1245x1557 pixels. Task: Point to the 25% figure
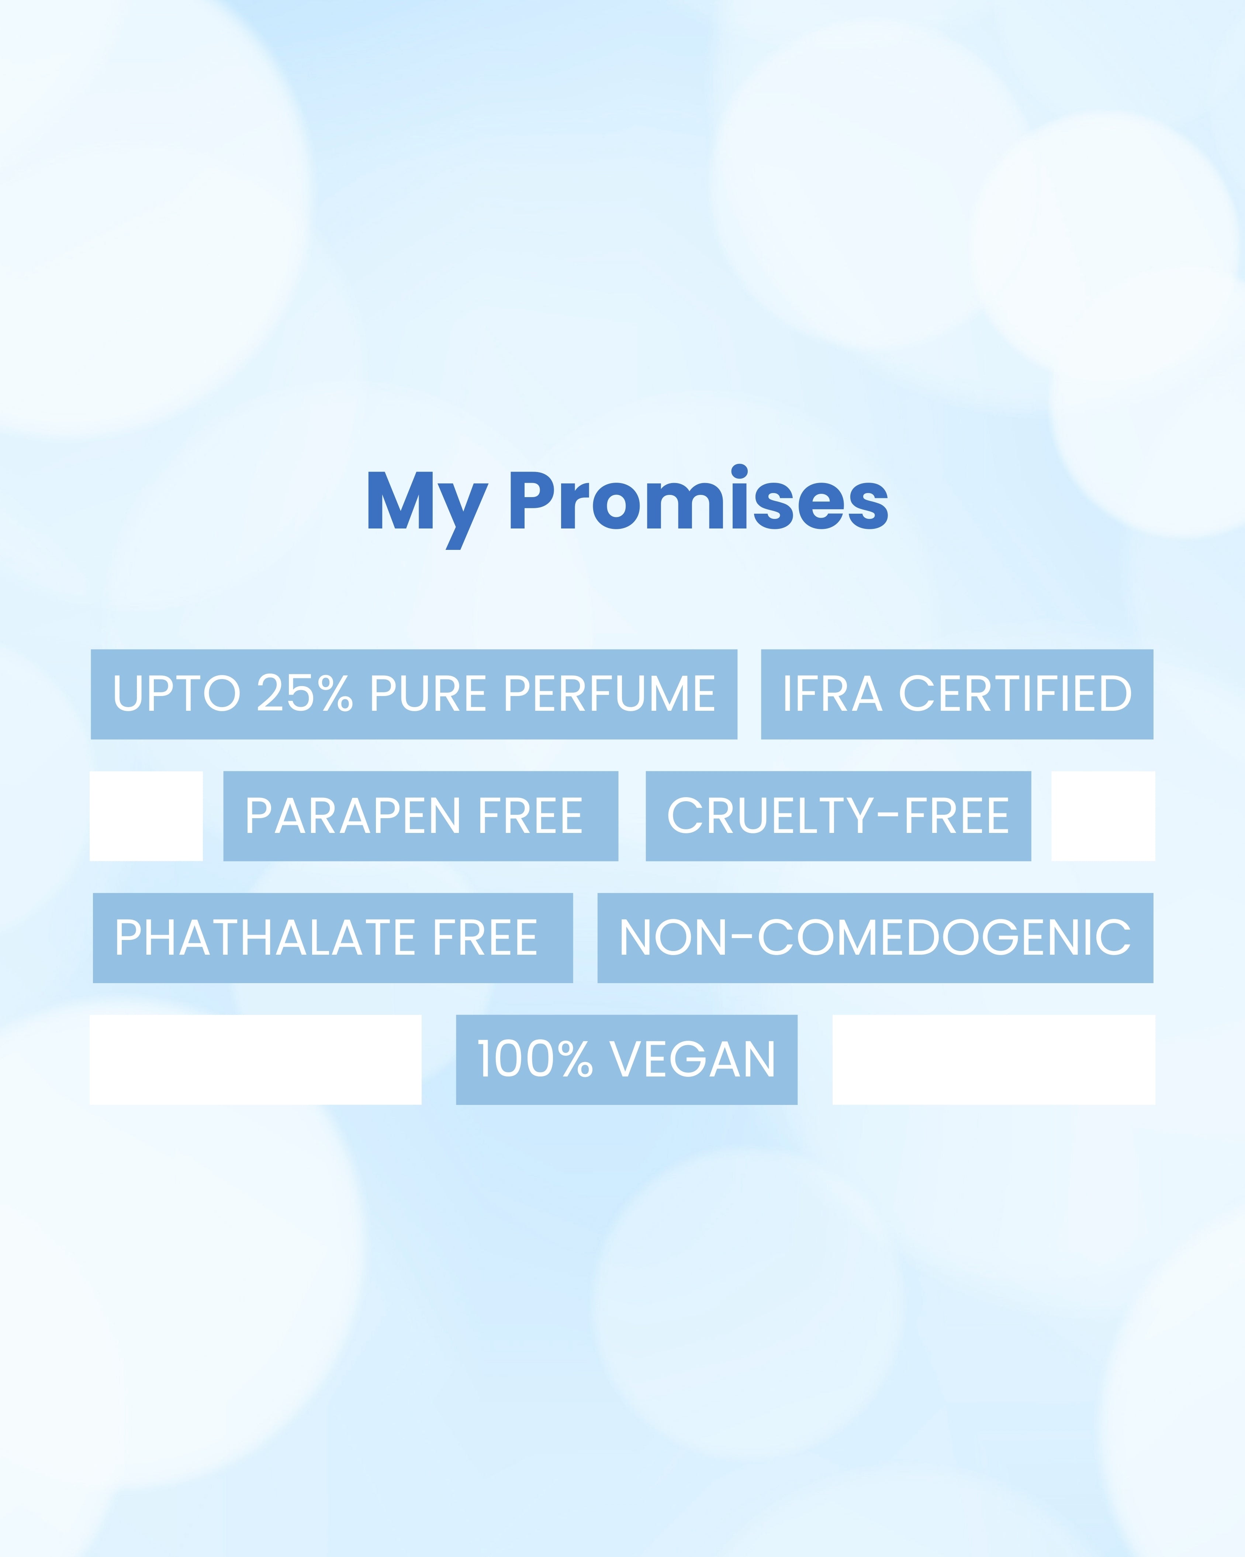(x=305, y=694)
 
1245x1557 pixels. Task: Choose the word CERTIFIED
(x=1015, y=694)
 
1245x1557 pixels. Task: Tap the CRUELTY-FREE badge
(x=838, y=816)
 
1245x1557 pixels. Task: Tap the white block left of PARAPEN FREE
(x=146, y=816)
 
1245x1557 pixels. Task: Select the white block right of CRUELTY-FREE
(x=1103, y=816)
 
